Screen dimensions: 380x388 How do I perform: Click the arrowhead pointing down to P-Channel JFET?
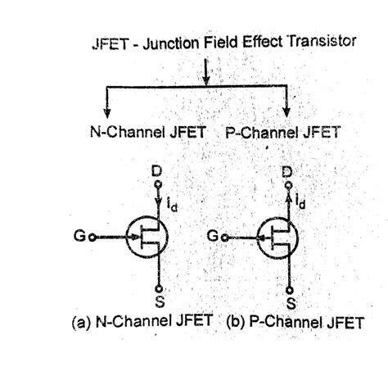pyautogui.click(x=287, y=110)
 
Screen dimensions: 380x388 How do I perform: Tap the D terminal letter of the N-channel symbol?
pyautogui.click(x=157, y=172)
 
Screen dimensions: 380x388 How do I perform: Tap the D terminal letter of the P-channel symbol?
pyautogui.click(x=286, y=173)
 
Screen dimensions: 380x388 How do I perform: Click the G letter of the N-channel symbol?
pyautogui.click(x=76, y=237)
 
